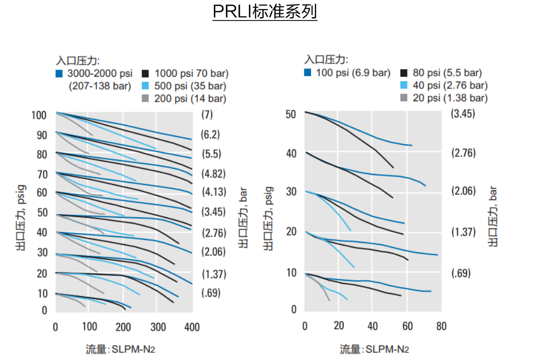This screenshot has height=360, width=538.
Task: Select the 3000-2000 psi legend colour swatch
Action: (59, 74)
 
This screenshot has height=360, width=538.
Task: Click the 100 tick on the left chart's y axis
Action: (40, 115)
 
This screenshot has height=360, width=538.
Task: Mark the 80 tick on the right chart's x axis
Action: (441, 327)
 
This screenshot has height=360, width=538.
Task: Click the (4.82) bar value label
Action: (213, 173)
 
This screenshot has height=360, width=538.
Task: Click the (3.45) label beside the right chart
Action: (463, 114)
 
